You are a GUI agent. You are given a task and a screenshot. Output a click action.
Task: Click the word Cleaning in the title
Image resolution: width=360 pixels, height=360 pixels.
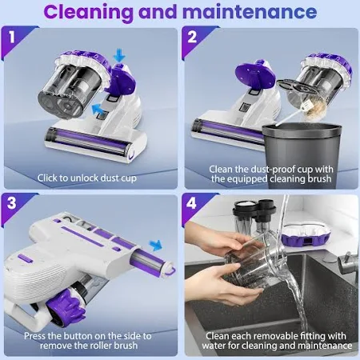(x=88, y=13)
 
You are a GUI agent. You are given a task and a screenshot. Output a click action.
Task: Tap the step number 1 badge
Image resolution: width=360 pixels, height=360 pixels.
(x=12, y=37)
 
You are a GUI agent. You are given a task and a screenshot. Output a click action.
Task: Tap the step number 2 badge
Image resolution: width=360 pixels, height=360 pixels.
(x=192, y=37)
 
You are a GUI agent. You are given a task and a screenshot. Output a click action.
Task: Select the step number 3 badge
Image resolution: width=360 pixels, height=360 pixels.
(x=12, y=203)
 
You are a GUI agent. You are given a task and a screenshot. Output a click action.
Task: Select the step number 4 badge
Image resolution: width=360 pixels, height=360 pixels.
(x=192, y=203)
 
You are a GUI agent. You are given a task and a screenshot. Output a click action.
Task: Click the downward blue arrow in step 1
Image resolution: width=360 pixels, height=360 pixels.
(x=119, y=57)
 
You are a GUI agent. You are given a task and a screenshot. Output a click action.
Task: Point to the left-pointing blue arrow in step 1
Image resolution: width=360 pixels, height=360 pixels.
(x=98, y=110)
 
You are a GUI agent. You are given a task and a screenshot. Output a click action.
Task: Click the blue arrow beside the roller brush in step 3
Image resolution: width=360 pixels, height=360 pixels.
(x=156, y=245)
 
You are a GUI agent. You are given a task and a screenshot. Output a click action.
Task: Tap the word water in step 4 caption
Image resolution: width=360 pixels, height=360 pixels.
(x=214, y=346)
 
